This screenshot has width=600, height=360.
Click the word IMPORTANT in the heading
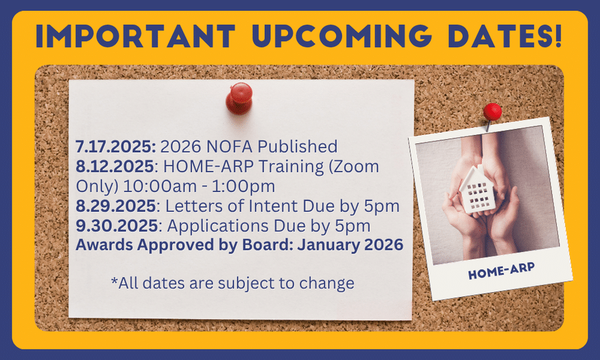136,36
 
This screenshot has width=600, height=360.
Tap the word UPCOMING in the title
342,36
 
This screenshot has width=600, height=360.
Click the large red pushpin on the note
239,98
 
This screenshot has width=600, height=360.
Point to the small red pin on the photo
492,112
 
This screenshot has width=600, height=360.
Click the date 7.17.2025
116,147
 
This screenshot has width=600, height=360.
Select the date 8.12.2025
115,167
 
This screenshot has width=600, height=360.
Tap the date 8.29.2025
115,206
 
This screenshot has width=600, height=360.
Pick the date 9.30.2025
117,226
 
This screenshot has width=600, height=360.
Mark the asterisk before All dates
115,280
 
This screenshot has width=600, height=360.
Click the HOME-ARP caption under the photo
501,271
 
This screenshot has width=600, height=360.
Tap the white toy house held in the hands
477,189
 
